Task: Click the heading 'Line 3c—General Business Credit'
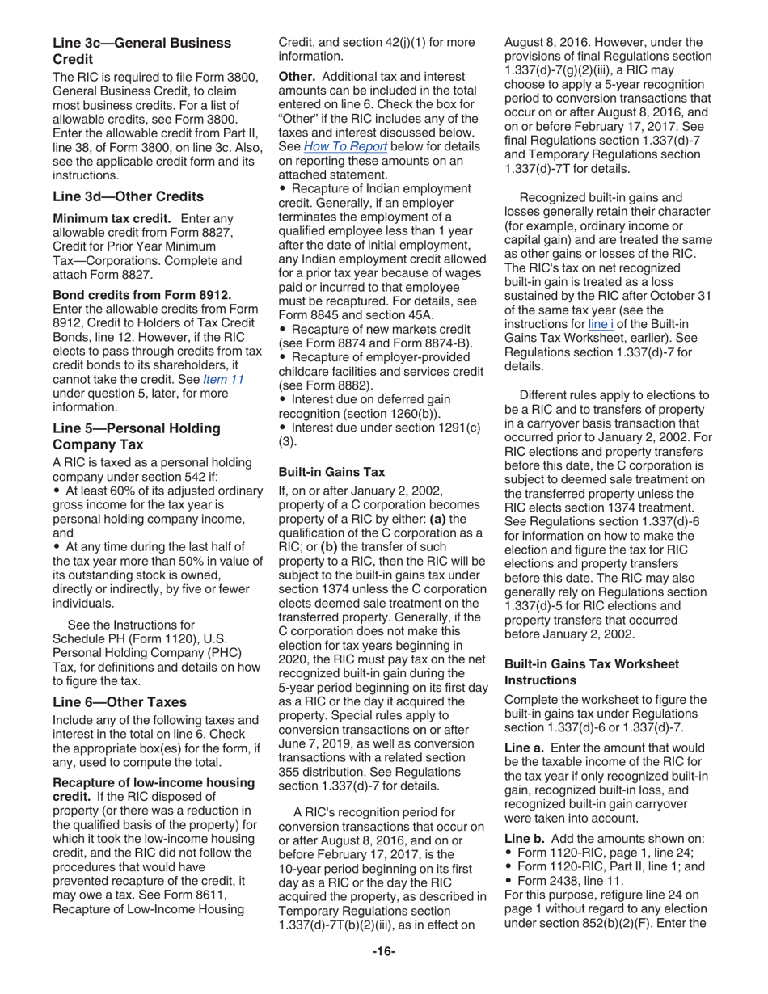tap(141, 51)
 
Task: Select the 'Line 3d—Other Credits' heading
tap(128, 196)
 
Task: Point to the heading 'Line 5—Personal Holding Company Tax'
tap(136, 436)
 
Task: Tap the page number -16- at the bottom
tap(383, 951)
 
